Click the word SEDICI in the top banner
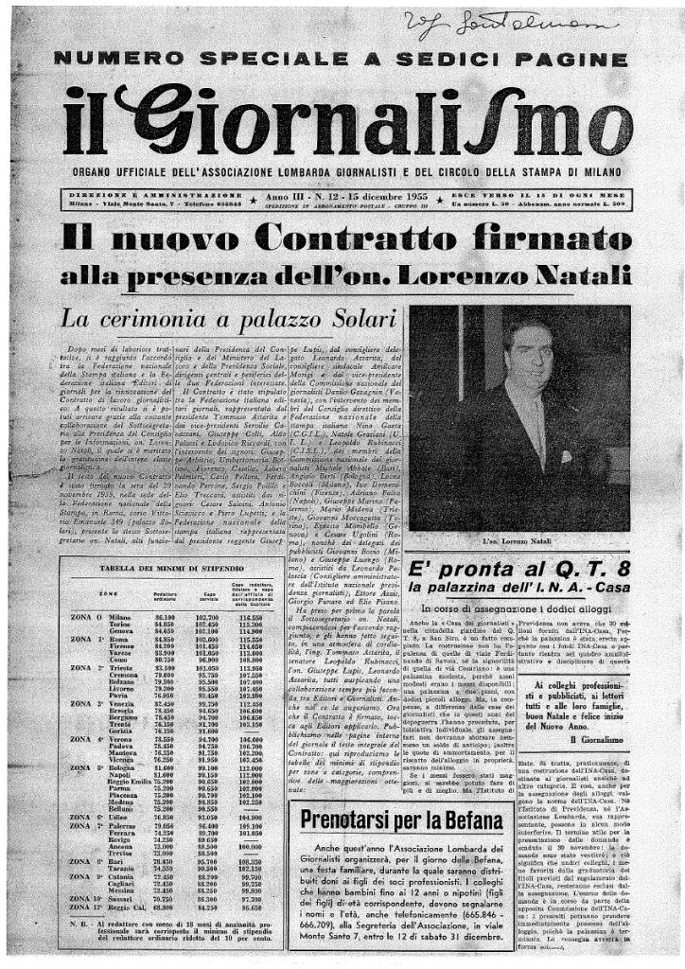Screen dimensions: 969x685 [414, 60]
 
